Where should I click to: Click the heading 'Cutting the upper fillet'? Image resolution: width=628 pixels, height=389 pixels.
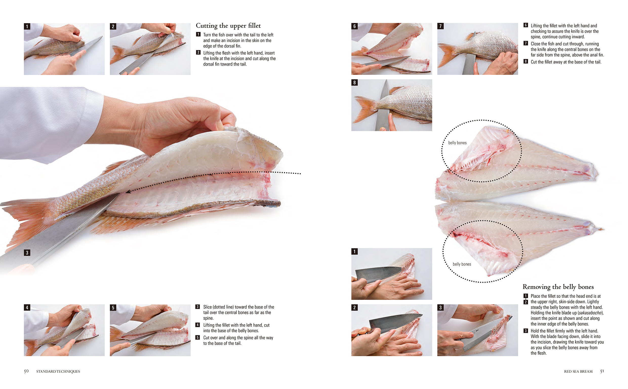228,26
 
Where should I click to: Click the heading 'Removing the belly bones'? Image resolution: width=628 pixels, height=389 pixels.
558,287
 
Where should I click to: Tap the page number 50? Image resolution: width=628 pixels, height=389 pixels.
26,371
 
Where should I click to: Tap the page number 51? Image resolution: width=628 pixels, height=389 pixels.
602,371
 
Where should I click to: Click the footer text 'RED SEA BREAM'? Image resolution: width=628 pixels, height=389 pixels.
578,372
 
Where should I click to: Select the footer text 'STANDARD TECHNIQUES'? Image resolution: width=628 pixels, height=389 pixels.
58,372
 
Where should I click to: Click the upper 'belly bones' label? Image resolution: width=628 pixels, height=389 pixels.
457,143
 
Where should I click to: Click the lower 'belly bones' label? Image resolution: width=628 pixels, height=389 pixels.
462,264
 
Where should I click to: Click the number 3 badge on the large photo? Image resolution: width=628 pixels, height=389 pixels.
27,253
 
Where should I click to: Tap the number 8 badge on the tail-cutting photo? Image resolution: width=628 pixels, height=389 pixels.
354,83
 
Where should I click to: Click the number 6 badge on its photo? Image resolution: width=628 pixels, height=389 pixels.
354,26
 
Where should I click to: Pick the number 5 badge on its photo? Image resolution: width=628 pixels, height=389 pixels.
113,308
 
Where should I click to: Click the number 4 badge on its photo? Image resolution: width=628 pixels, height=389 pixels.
27,308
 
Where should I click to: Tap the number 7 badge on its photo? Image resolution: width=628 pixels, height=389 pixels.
440,26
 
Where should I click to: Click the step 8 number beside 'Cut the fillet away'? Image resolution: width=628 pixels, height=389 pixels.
526,62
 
